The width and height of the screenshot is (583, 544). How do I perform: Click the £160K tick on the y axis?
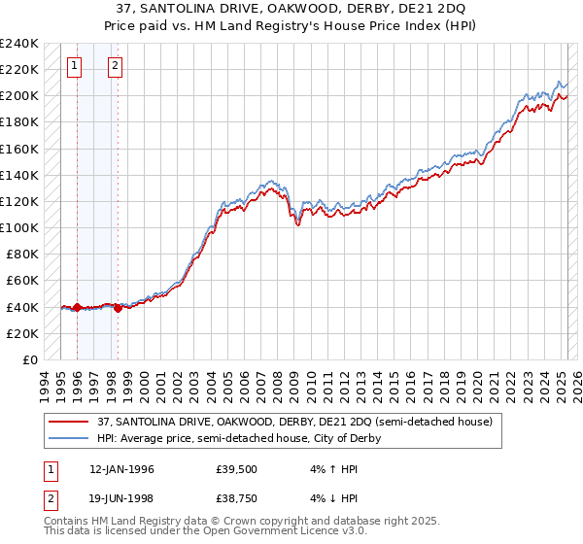tap(19, 149)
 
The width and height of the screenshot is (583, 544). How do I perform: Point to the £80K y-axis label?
tap(21, 255)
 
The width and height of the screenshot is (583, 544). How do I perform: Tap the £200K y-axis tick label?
tap(19, 96)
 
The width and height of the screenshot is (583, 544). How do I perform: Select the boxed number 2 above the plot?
tap(115, 66)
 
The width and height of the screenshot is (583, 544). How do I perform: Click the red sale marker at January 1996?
tap(77, 307)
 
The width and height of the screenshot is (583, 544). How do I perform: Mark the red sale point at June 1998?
tap(118, 308)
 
